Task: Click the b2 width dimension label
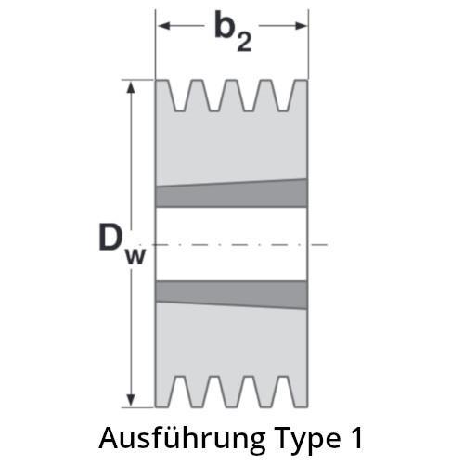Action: [x=233, y=31]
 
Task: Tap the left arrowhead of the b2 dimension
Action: [x=164, y=26]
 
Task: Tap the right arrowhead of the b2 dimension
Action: [x=301, y=26]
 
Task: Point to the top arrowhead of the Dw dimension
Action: [x=131, y=88]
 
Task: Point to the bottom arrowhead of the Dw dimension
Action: [x=131, y=400]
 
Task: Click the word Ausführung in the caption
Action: [x=182, y=439]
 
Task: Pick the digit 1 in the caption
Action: [x=357, y=438]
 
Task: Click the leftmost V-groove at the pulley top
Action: [x=180, y=96]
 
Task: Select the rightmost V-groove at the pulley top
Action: [x=284, y=96]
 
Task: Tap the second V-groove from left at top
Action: [x=214, y=96]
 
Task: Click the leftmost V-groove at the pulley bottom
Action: [x=180, y=392]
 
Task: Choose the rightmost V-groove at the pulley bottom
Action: [x=284, y=392]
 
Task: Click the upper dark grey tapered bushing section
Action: [x=231, y=194]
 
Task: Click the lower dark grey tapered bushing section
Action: [x=231, y=294]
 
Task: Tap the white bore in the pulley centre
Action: [x=231, y=244]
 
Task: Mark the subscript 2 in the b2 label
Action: [x=244, y=42]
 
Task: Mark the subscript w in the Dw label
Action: [x=135, y=257]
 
